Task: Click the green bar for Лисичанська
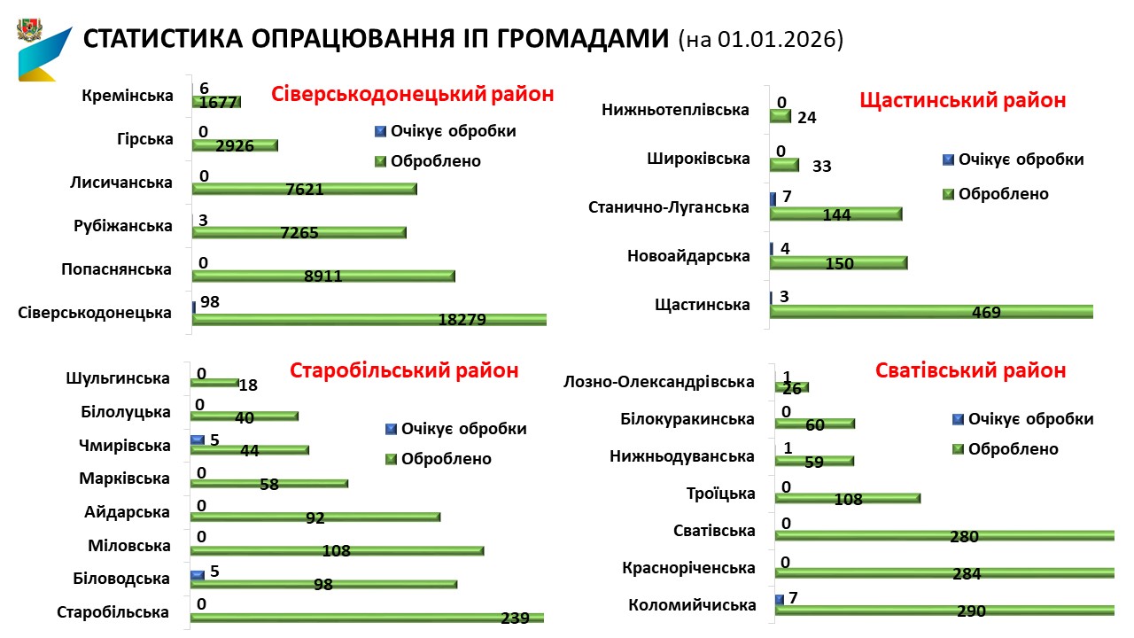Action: [x=304, y=189]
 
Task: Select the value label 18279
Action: [x=462, y=320]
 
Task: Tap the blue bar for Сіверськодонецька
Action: [x=194, y=307]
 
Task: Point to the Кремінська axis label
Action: [x=127, y=96]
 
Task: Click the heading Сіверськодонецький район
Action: [x=413, y=94]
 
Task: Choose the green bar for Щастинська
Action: [x=931, y=312]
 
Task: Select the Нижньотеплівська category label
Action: [x=675, y=110]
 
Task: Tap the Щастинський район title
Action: [x=963, y=100]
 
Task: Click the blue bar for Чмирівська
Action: [x=197, y=440]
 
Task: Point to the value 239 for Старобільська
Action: [x=514, y=618]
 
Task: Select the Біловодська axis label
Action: [x=121, y=579]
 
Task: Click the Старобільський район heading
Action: [x=404, y=370]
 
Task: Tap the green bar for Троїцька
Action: [x=848, y=499]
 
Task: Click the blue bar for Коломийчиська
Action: [x=779, y=600]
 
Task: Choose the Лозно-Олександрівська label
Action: [x=659, y=382]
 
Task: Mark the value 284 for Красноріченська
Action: [x=967, y=573]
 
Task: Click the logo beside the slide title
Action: [x=42, y=51]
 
